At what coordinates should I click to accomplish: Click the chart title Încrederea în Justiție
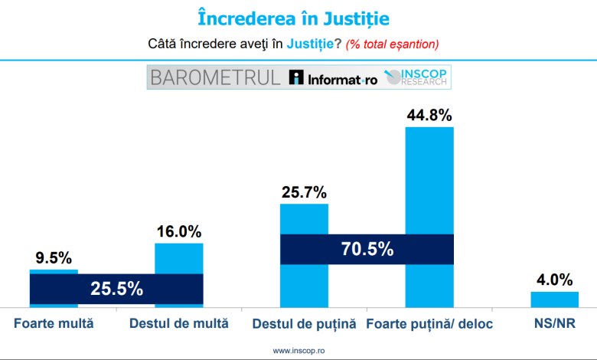pos(298,18)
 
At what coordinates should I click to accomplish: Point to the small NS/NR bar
pos(555,299)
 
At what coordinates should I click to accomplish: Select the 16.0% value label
pos(179,231)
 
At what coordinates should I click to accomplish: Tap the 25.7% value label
pos(304,191)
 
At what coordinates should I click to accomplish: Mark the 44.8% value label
pos(429,116)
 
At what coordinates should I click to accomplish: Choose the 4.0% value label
pos(555,280)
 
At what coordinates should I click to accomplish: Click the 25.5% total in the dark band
pos(116,289)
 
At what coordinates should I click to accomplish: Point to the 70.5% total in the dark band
pos(367,249)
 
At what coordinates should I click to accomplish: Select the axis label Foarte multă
pos(54,323)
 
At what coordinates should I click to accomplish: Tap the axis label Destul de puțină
pos(305,324)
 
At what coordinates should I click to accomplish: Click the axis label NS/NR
pos(555,323)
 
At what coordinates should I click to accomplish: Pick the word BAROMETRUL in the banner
pos(216,77)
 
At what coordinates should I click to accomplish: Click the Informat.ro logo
pos(334,78)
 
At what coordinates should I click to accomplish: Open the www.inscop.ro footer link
pos(298,351)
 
